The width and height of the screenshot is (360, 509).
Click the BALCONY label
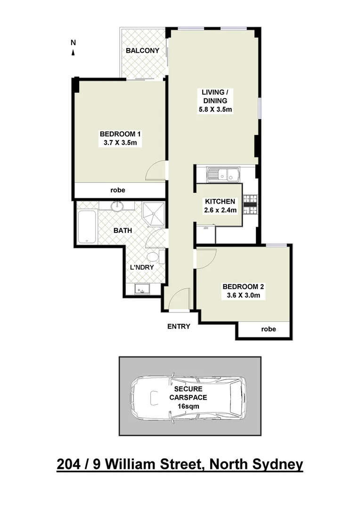(142, 50)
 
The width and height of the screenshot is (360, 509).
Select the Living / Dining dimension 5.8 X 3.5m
(215, 109)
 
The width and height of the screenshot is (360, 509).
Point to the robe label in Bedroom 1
(117, 190)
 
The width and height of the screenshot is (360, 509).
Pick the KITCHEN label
(220, 201)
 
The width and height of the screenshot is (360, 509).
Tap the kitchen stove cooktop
(249, 204)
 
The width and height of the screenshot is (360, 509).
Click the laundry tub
(141, 289)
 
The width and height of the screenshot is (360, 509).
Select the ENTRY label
(179, 326)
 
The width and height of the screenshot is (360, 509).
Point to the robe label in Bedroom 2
(269, 329)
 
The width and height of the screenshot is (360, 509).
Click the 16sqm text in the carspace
(188, 406)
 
